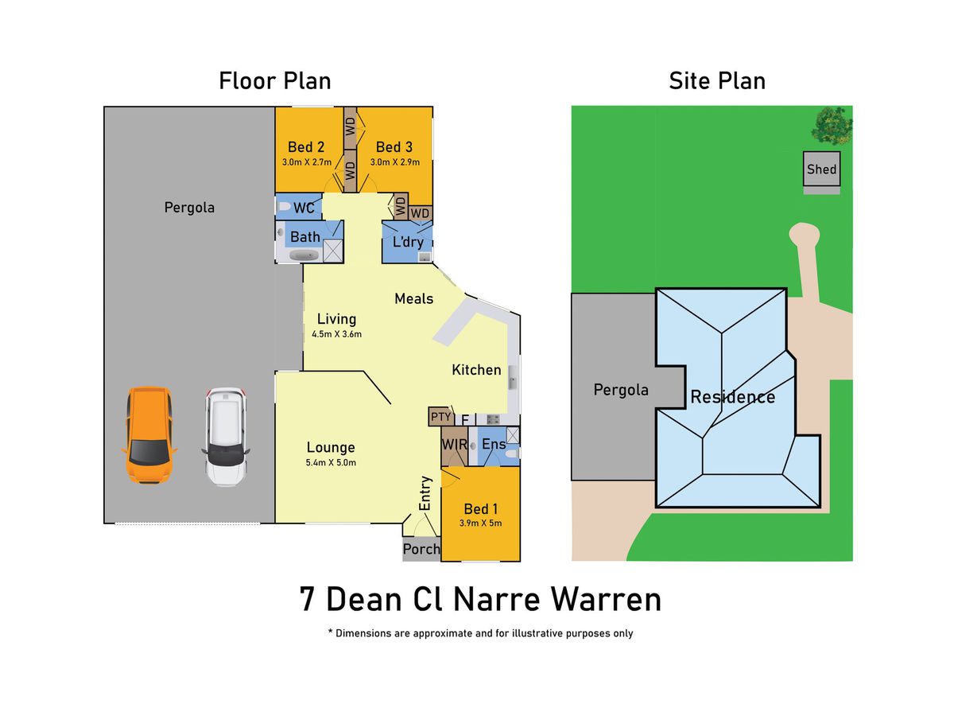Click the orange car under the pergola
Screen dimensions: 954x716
pyautogui.click(x=149, y=435)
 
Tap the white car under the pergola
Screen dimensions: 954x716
pyautogui.click(x=225, y=437)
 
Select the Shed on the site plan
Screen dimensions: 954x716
pyautogui.click(x=821, y=169)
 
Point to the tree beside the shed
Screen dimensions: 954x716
pyautogui.click(x=832, y=126)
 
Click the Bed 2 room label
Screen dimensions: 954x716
pyautogui.click(x=306, y=147)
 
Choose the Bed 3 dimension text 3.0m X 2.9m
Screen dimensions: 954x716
pyautogui.click(x=394, y=162)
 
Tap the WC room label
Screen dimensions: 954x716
pyautogui.click(x=304, y=208)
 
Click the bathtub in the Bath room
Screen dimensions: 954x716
pyautogui.click(x=304, y=255)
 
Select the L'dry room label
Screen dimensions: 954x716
pyautogui.click(x=408, y=242)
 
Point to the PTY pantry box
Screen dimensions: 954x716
pyautogui.click(x=440, y=417)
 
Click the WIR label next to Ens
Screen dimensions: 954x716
pyautogui.click(x=454, y=444)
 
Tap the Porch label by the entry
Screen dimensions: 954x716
pyautogui.click(x=421, y=549)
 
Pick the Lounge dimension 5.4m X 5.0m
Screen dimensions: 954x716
pyautogui.click(x=331, y=462)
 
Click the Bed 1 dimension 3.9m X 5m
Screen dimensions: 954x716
pyautogui.click(x=480, y=523)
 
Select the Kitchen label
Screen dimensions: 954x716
pyautogui.click(x=476, y=369)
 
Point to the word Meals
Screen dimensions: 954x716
pyautogui.click(x=413, y=298)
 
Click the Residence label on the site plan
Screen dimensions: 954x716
pyautogui.click(x=732, y=397)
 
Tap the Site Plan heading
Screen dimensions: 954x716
pyautogui.click(x=717, y=81)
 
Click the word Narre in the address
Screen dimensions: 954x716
pyautogui.click(x=496, y=599)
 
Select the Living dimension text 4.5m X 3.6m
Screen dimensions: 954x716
pyautogui.click(x=336, y=334)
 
